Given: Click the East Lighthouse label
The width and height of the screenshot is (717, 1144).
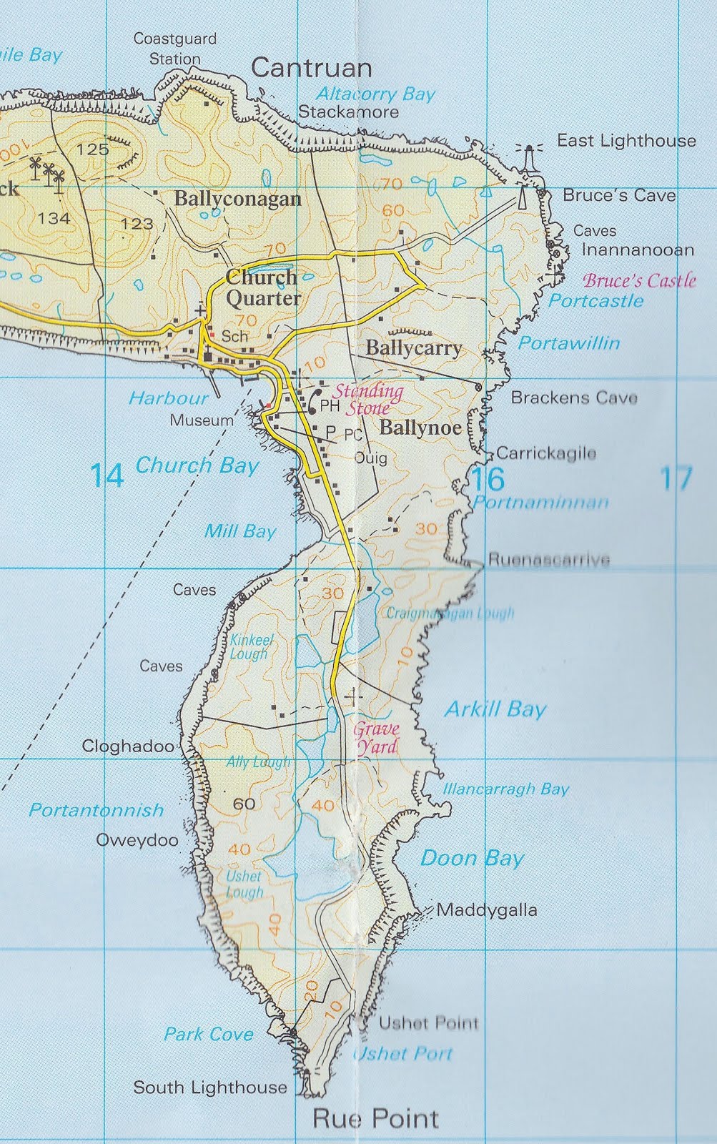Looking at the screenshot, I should pyautogui.click(x=626, y=141).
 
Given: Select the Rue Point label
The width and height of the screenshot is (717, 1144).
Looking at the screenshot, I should pyautogui.click(x=375, y=1118).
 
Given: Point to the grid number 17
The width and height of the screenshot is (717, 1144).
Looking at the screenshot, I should pyautogui.click(x=676, y=478).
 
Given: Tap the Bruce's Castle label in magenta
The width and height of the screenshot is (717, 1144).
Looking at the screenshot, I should pyautogui.click(x=639, y=280).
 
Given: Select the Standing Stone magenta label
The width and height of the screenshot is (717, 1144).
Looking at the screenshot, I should pyautogui.click(x=368, y=400).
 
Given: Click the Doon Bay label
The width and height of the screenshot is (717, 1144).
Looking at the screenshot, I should pyautogui.click(x=472, y=858).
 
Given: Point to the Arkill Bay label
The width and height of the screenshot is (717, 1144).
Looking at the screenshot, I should pyautogui.click(x=495, y=709).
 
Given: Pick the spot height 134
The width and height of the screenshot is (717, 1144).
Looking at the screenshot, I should pyautogui.click(x=54, y=218).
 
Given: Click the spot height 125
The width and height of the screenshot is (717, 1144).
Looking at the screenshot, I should pyautogui.click(x=93, y=149).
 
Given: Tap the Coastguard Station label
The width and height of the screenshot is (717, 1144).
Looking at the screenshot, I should pyautogui.click(x=174, y=49).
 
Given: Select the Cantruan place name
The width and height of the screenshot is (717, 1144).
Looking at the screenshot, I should pyautogui.click(x=312, y=68).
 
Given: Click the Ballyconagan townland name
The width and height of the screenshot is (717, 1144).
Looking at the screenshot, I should pyautogui.click(x=237, y=199).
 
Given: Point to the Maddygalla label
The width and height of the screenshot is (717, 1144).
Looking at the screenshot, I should pyautogui.click(x=486, y=910).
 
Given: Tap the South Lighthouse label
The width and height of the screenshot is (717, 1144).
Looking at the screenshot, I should pyautogui.click(x=210, y=1088).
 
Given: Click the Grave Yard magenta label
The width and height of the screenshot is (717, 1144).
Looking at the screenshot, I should pyautogui.click(x=376, y=738).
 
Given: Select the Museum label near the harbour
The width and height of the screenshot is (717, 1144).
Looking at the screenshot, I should pyautogui.click(x=202, y=420).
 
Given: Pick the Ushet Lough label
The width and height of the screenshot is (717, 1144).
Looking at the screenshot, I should pyautogui.click(x=244, y=884).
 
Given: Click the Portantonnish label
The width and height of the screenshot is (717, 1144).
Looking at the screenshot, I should pyautogui.click(x=97, y=810).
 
